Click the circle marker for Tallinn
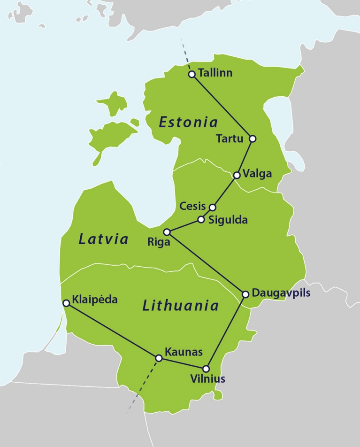(191, 74)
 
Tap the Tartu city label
(229, 139)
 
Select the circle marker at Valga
(237, 175)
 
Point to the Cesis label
(193, 206)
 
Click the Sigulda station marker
(201, 219)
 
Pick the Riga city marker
(167, 232)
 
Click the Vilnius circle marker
(206, 369)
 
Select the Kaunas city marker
(159, 358)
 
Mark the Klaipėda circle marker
(67, 303)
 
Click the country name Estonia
(188, 123)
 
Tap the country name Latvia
(103, 239)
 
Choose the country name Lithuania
(180, 306)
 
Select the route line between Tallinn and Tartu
(222, 107)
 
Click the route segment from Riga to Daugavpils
(207, 263)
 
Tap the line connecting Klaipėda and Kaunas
(113, 331)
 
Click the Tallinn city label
(215, 73)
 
